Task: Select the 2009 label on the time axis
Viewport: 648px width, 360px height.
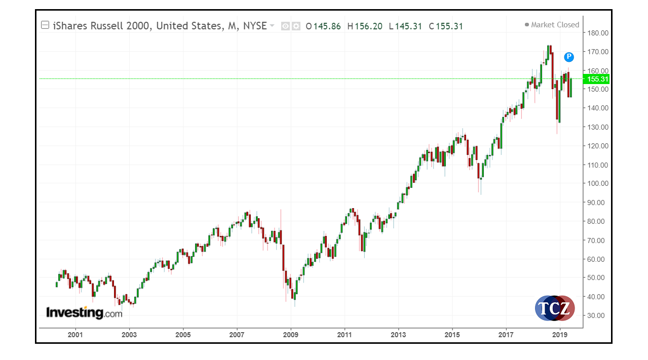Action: click(290, 335)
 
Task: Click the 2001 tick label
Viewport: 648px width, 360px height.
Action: click(75, 335)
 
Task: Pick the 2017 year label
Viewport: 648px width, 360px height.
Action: click(506, 335)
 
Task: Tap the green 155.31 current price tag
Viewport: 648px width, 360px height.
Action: click(596, 79)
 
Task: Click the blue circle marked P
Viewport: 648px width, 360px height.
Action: click(569, 57)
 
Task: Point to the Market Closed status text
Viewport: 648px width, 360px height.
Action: click(555, 25)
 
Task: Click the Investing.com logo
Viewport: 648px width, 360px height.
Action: click(84, 313)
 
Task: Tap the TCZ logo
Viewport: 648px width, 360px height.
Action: click(554, 308)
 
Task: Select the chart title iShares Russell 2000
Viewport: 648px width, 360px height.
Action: click(101, 26)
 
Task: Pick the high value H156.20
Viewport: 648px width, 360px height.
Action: click(365, 26)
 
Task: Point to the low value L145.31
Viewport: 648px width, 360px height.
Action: click(405, 26)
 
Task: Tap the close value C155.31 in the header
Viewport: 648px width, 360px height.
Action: click(446, 26)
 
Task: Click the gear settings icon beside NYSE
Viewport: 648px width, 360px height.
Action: click(296, 26)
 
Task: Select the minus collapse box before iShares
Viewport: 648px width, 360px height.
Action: click(45, 25)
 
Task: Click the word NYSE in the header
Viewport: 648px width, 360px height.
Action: click(254, 26)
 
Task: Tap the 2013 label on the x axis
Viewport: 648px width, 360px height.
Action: click(398, 335)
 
